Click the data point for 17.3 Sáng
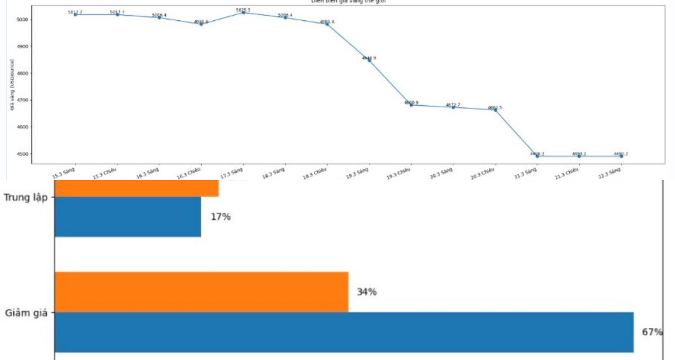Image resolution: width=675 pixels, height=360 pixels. [243, 12]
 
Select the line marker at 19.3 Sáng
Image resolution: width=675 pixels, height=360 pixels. [369, 60]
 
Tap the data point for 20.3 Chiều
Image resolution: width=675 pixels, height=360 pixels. [495, 110]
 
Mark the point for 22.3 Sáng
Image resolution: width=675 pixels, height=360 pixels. [621, 156]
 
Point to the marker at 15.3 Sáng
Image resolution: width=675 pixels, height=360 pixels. [75, 15]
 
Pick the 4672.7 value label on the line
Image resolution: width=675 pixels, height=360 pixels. [453, 105]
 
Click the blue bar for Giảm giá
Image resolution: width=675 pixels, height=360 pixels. [344, 332]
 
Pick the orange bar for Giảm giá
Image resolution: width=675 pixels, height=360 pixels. [201, 292]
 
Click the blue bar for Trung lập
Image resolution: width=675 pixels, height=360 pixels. [128, 217]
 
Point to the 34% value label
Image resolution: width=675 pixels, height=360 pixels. [366, 292]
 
